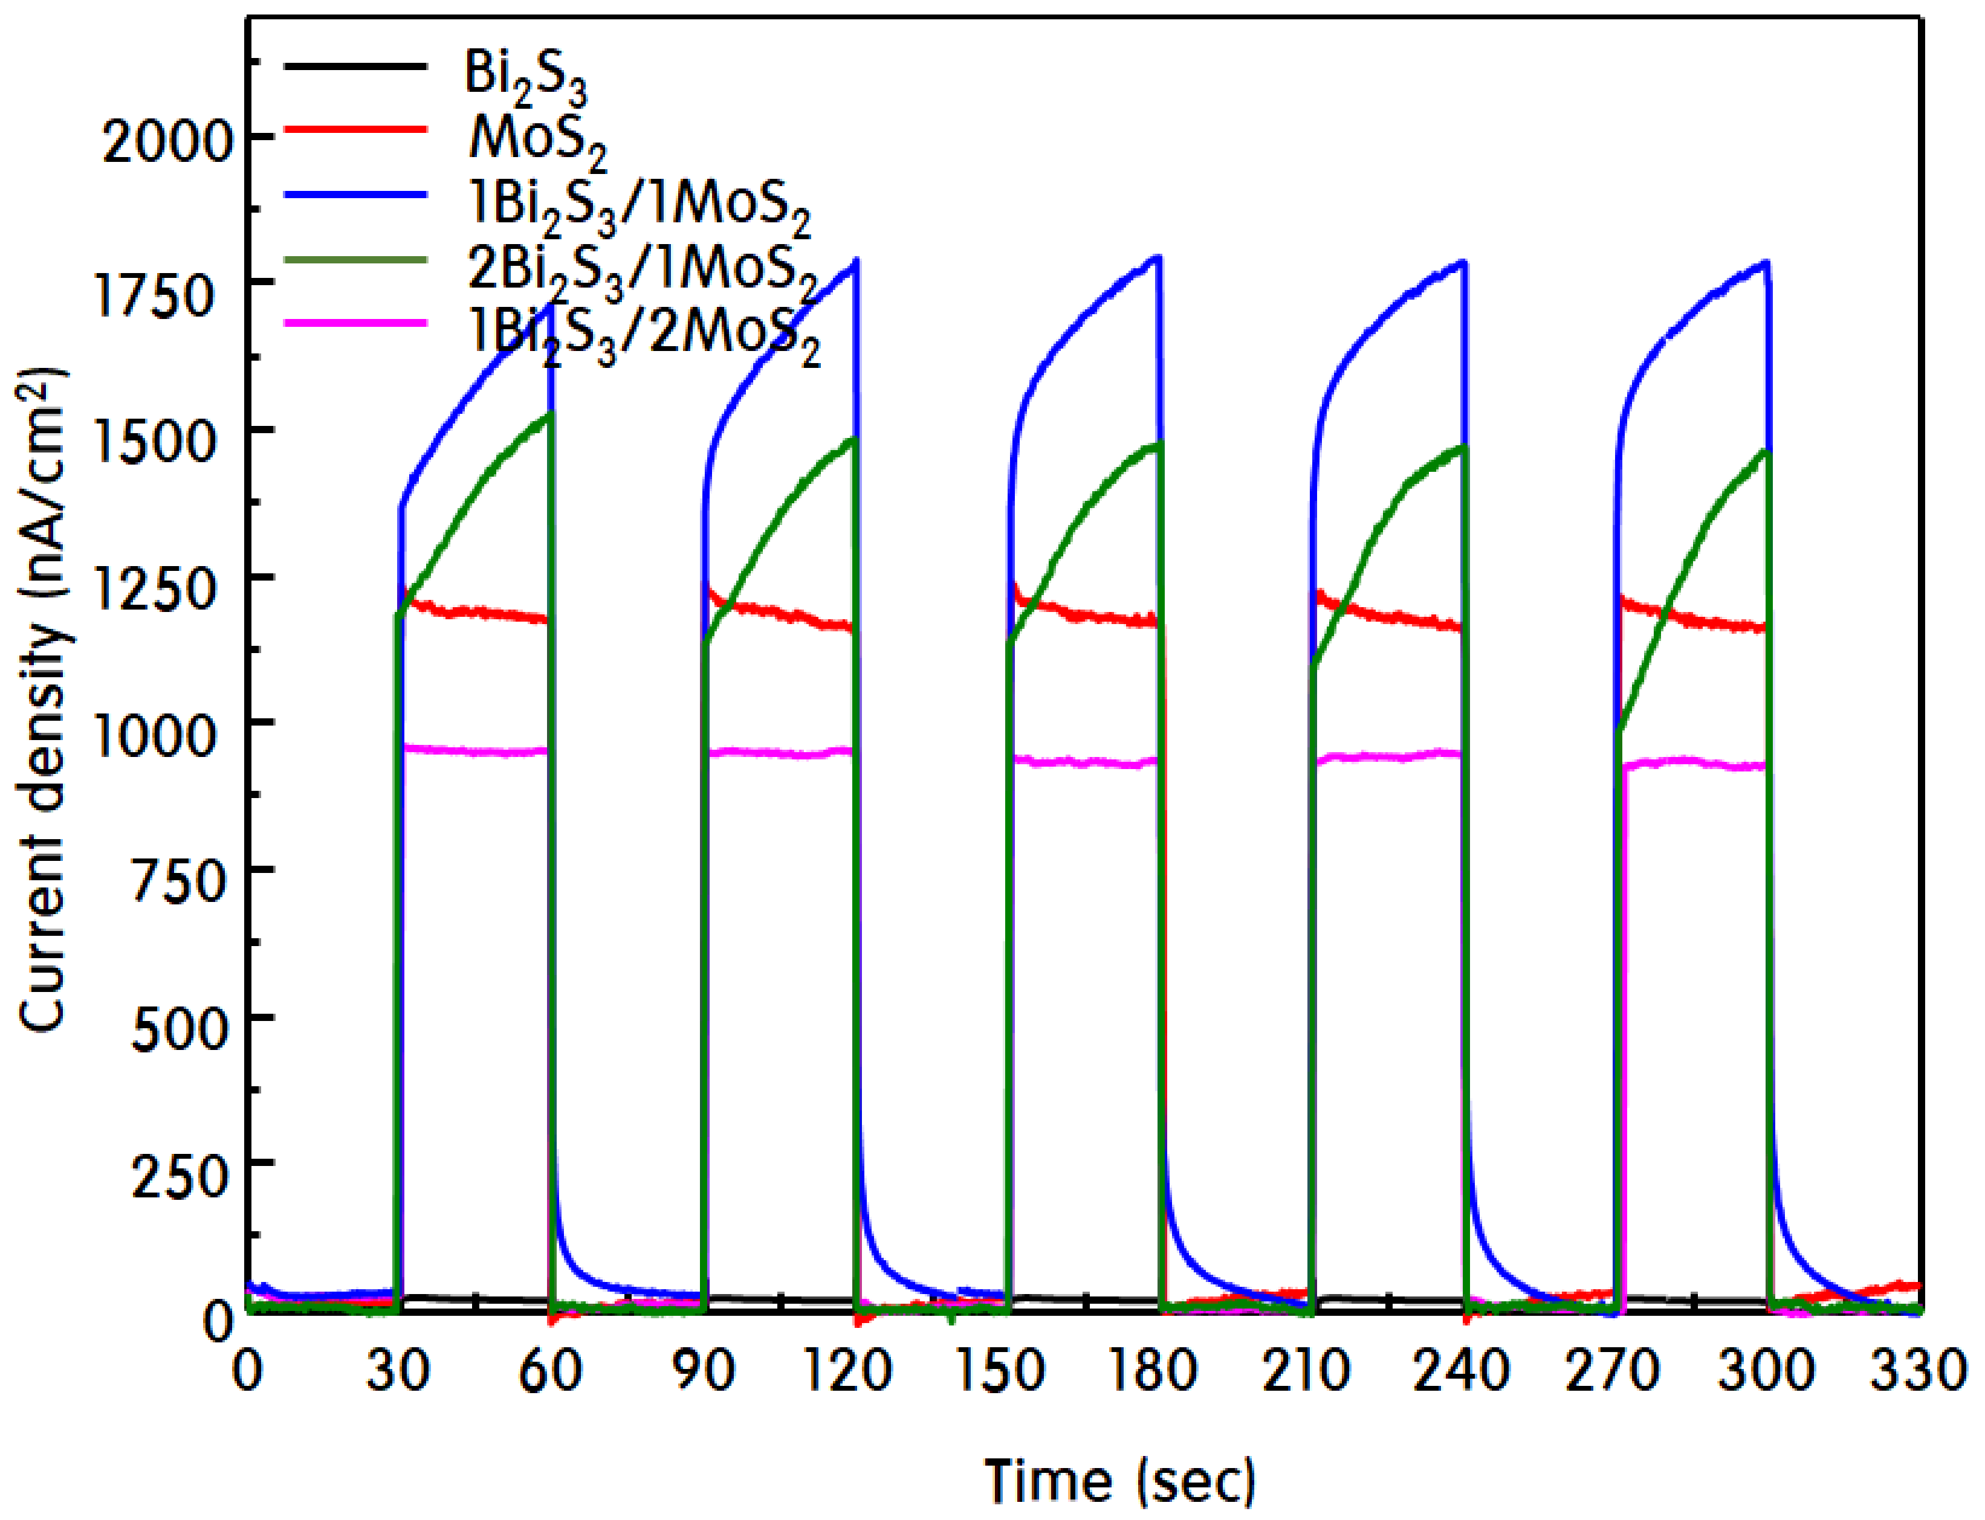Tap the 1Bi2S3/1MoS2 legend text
coord(639,207)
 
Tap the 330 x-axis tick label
coord(1919,1370)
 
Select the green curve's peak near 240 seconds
coord(1462,448)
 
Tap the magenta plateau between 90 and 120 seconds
coord(779,752)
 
